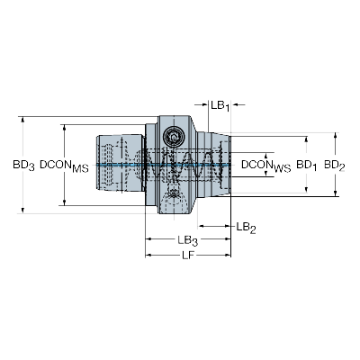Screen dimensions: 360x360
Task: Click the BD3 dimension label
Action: pos(23,166)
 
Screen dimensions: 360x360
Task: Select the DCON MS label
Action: pos(64,166)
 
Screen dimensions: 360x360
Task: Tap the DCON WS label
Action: pos(266,166)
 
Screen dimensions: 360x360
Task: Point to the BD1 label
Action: pos(307,166)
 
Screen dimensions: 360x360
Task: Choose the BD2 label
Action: pos(335,166)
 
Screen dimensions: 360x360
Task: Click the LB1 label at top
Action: pos(220,106)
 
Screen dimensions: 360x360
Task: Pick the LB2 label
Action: pos(246,228)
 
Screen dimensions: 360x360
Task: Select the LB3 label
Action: pos(188,240)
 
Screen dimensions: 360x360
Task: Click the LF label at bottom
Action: pos(189,256)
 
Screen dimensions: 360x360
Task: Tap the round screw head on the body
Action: pos(173,137)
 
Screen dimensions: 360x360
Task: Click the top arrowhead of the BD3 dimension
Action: pos(22,120)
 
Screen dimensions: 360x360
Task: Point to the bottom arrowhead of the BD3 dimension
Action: pos(22,211)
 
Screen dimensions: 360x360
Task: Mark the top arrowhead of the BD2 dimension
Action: pos(336,136)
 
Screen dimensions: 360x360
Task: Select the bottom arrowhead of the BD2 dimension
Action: pos(336,193)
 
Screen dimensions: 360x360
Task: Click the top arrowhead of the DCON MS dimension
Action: pos(64,128)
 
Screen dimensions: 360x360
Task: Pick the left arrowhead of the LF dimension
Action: pos(148,256)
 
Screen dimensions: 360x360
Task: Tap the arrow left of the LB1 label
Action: pos(202,104)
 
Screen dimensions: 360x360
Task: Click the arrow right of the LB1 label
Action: pos(238,104)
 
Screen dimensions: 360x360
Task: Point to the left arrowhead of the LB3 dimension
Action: pos(148,239)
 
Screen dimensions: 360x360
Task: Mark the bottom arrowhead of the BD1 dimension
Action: pos(306,189)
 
